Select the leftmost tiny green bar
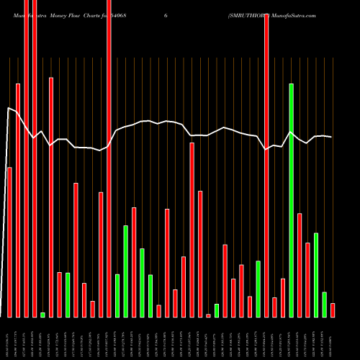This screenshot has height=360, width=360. click(42, 315)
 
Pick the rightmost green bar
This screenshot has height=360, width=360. click(324, 305)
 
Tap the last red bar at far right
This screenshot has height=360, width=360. click(333, 310)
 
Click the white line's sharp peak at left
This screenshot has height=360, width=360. click(9, 108)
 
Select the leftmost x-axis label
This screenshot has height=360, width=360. click(8, 338)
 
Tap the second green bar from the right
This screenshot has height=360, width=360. click(316, 275)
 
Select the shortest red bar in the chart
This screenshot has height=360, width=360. click(208, 315)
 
